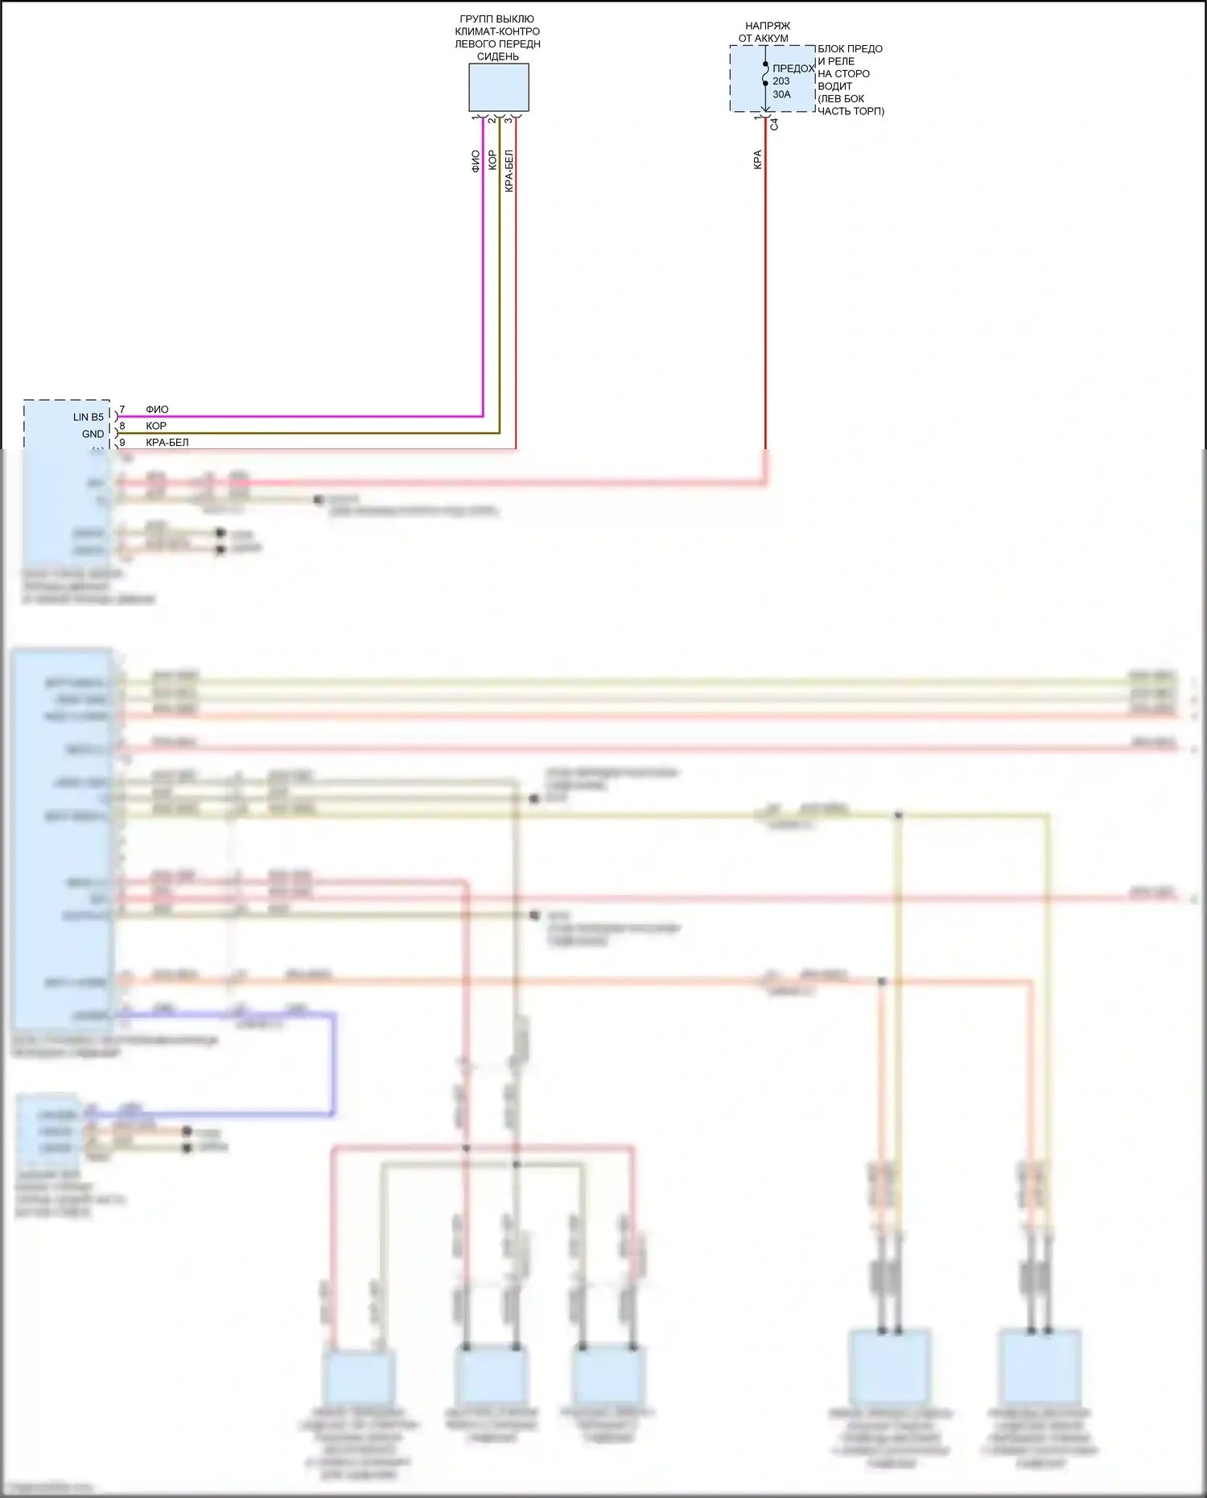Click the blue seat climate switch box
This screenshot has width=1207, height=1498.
pyautogui.click(x=499, y=87)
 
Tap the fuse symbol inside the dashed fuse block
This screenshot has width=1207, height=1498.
pyautogui.click(x=765, y=74)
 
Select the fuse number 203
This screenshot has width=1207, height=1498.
pyautogui.click(x=781, y=81)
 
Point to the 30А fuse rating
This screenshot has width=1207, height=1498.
pyautogui.click(x=782, y=94)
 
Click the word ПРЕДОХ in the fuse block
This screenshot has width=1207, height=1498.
pyautogui.click(x=793, y=68)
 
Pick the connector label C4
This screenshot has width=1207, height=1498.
pyautogui.click(x=774, y=124)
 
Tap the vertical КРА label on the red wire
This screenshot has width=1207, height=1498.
pyautogui.click(x=757, y=159)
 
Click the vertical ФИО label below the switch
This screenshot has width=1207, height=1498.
pyautogui.click(x=476, y=161)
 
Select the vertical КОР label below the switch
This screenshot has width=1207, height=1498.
pyautogui.click(x=492, y=160)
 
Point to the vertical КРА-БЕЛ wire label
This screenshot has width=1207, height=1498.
pyautogui.click(x=509, y=171)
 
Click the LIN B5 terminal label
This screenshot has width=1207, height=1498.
pyautogui.click(x=89, y=417)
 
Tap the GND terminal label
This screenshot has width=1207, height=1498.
pyautogui.click(x=93, y=434)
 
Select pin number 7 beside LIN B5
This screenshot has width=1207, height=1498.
pyautogui.click(x=122, y=410)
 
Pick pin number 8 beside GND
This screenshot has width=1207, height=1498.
pyautogui.click(x=122, y=426)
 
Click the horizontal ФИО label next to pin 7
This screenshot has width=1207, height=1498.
pyautogui.click(x=157, y=410)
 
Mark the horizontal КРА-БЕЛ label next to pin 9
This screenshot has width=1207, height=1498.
pyautogui.click(x=167, y=443)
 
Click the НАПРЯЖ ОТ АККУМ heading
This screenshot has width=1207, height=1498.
pyautogui.click(x=765, y=32)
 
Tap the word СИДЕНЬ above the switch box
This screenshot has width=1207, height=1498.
pyautogui.click(x=498, y=57)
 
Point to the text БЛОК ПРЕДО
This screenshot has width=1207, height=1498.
pyautogui.click(x=850, y=49)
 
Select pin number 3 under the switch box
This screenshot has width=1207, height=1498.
pyautogui.click(x=508, y=120)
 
